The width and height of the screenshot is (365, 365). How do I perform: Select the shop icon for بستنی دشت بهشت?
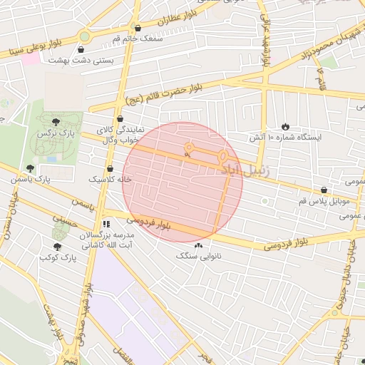point(81,49)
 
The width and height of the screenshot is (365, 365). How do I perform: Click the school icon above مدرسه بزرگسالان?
point(107,224)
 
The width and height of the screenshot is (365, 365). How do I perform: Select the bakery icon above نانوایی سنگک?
point(198,246)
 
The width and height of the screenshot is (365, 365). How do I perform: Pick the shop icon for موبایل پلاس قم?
point(325,190)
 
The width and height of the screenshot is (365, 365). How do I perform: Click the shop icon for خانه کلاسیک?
point(109,168)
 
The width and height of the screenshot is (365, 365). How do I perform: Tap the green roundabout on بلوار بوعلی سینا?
point(85,35)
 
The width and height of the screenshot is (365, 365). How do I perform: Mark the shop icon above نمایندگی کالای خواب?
point(119,119)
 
